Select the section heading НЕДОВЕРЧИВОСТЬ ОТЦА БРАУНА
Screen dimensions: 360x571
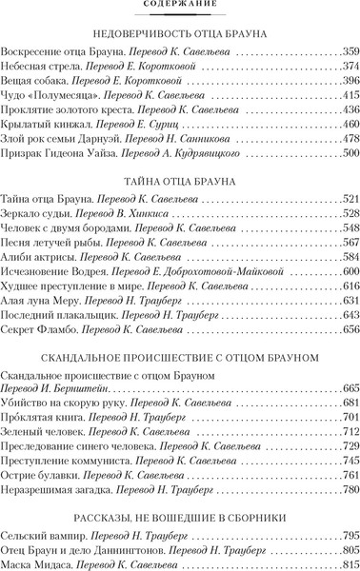coord(180,33)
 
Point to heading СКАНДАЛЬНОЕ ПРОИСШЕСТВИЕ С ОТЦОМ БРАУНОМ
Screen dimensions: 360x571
coord(180,354)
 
